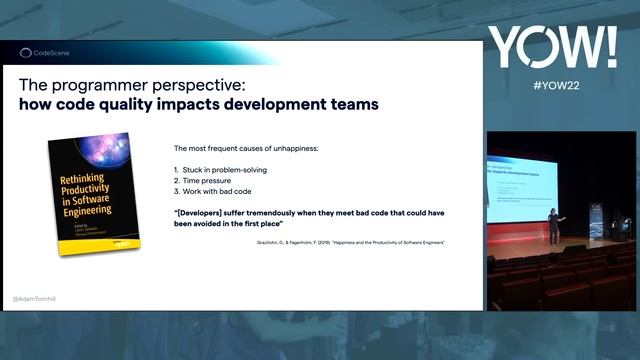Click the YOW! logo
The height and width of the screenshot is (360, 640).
(552, 48)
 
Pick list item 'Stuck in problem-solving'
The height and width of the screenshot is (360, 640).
(226, 170)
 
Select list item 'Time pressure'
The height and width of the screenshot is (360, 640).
(213, 180)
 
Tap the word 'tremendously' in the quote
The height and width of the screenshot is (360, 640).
(290, 213)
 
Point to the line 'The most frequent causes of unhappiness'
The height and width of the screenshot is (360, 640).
(246, 148)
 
